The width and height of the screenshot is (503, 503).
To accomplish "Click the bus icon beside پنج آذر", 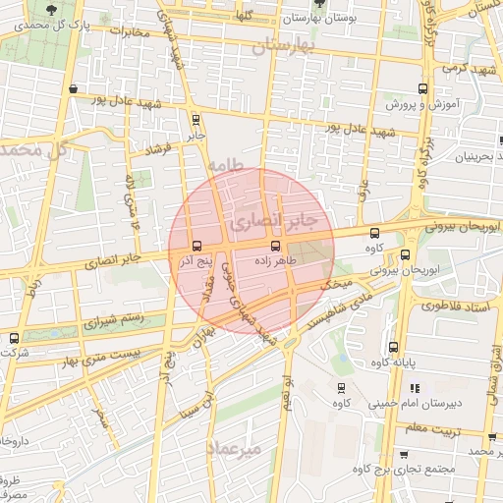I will coord(198,246).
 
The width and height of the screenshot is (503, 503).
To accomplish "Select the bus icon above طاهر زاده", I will coord(275,245).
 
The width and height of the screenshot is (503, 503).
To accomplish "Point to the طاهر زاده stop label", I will coord(276,262).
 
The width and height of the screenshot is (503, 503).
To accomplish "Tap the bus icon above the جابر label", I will coord(196,119).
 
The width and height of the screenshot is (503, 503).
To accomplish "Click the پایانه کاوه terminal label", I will coord(420,362).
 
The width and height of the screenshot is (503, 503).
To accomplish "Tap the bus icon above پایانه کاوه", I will coord(393,347).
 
